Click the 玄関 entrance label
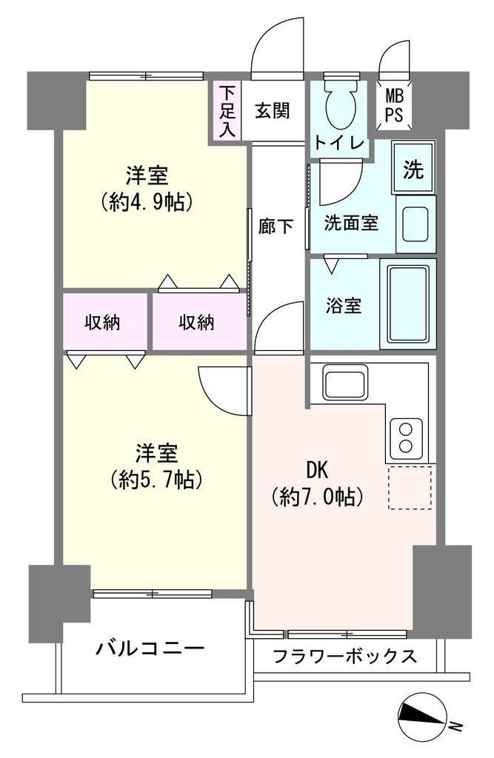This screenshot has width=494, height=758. (273, 111)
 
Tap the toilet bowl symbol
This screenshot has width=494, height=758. (341, 104)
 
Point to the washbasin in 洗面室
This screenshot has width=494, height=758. (416, 224)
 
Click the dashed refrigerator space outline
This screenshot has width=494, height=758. (410, 488)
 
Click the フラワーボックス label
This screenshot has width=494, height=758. (344, 656)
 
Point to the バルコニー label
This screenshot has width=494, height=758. (150, 647)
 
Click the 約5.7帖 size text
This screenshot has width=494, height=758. (157, 480)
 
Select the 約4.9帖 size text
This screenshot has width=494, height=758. (147, 201)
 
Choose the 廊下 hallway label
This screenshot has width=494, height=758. (276, 226)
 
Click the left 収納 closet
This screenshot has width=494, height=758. (104, 321)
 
